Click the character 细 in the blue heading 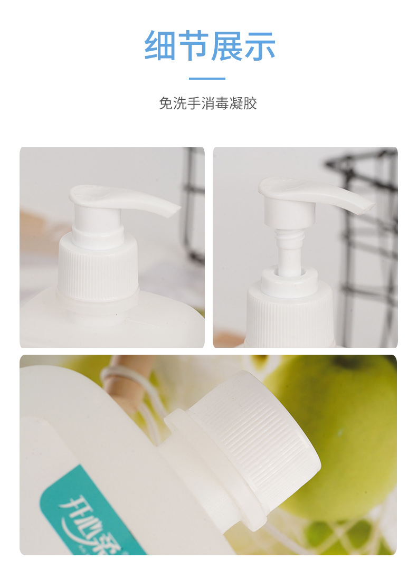point(160,46)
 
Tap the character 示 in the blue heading point(259,46)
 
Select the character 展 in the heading point(226,46)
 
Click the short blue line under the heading point(207,79)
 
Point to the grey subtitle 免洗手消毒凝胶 point(208,103)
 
